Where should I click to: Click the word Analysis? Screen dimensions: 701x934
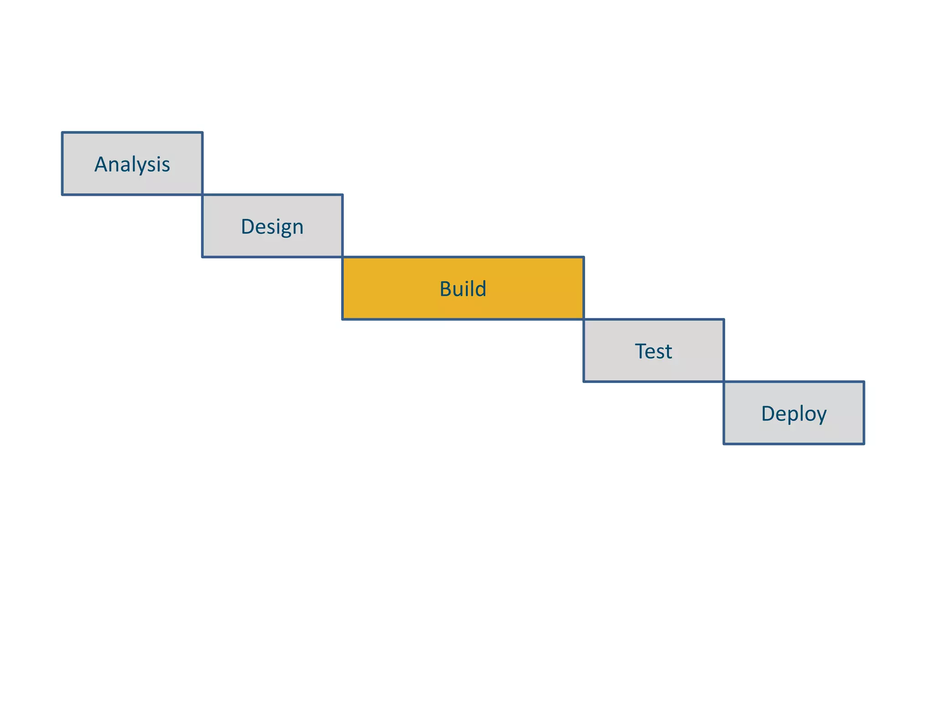(132, 164)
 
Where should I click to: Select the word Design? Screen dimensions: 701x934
(272, 227)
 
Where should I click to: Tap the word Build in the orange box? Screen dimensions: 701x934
(463, 289)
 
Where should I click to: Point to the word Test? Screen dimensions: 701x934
(653, 351)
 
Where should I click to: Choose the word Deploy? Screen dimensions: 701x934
(794, 414)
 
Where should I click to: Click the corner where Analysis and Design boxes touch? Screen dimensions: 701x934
(202, 195)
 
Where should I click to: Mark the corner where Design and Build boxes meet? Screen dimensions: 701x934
(342, 257)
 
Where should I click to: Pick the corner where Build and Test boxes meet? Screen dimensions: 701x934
(584, 319)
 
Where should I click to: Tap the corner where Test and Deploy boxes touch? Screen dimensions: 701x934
(724, 382)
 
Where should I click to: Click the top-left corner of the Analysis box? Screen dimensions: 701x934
(62, 133)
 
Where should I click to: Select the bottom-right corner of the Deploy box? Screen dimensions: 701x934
(864, 444)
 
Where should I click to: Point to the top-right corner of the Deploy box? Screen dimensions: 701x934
(864, 382)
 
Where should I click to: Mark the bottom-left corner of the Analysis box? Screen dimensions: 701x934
(62, 195)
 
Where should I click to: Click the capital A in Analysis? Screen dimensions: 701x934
(101, 164)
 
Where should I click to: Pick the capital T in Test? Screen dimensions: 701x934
(641, 351)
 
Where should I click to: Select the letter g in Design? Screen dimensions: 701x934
(283, 229)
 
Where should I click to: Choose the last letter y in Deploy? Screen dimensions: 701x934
(821, 416)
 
